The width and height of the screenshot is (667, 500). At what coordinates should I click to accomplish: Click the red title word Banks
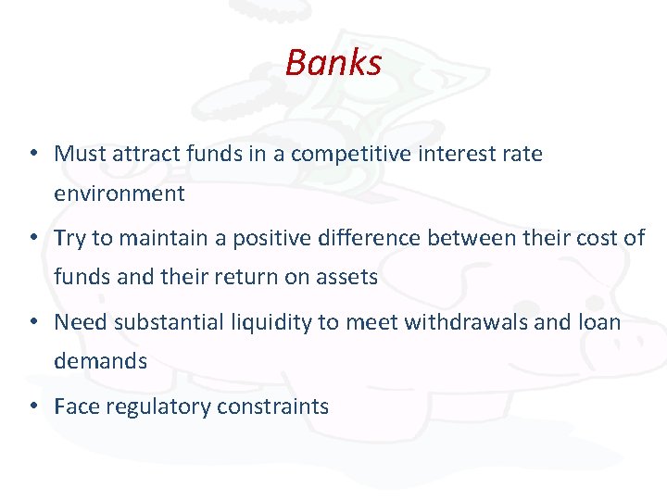(333, 63)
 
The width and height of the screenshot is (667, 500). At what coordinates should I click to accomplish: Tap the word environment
(120, 194)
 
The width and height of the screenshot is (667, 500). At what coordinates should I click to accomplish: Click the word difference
(375, 238)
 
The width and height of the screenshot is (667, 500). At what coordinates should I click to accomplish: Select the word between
(472, 238)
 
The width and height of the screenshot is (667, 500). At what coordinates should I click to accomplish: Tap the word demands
(100, 361)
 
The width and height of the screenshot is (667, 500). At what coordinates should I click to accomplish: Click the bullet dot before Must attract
(33, 154)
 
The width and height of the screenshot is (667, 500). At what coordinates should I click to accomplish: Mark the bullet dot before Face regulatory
(33, 406)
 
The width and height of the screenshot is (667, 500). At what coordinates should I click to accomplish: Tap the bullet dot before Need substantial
(33, 322)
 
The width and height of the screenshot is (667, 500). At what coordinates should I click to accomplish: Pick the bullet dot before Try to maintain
(33, 238)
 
